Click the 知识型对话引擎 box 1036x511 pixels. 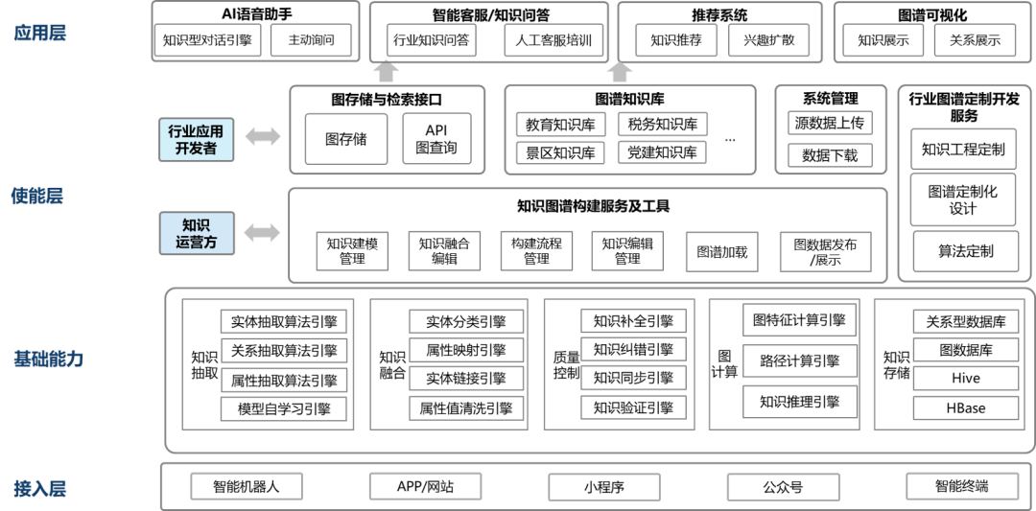tap(207, 40)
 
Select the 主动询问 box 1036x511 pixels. tap(311, 40)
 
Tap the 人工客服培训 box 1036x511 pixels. tap(553, 40)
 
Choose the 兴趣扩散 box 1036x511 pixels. tap(768, 40)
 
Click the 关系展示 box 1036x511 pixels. tap(975, 40)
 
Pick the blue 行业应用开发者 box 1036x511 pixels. tap(197, 139)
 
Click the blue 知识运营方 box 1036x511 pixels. tap(197, 233)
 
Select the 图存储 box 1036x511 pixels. tap(345, 139)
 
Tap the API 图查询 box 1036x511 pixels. tap(436, 139)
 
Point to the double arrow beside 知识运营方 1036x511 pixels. tap(262, 232)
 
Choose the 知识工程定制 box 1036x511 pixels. tap(962, 149)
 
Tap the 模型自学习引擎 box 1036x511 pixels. tap(283, 409)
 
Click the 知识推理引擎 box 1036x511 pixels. tap(799, 401)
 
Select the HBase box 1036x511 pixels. tap(966, 408)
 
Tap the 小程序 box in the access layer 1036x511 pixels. tap(604, 487)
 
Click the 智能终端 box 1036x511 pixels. tap(961, 487)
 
